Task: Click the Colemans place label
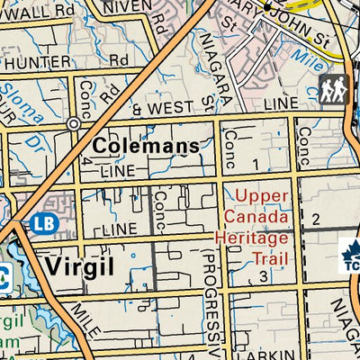point(145,146)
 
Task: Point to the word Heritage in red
point(253,238)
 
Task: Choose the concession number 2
point(315,219)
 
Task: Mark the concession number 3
point(264,274)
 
